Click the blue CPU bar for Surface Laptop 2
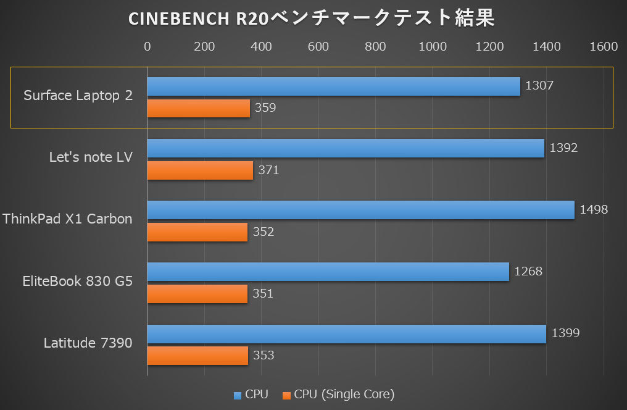[333, 86]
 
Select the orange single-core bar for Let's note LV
[200, 170]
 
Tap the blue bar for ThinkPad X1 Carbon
[360, 210]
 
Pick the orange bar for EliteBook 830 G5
[197, 294]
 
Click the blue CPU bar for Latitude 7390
[346, 334]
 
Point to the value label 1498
[594, 210]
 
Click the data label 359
[265, 108]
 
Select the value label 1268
[528, 272]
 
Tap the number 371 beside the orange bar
[268, 170]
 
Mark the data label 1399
[565, 333]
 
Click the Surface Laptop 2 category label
[78, 96]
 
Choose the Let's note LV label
[91, 157]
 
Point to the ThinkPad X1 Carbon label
[67, 219]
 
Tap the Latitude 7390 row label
[88, 343]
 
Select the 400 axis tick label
[261, 47]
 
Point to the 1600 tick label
[604, 47]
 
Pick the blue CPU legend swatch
[238, 395]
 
